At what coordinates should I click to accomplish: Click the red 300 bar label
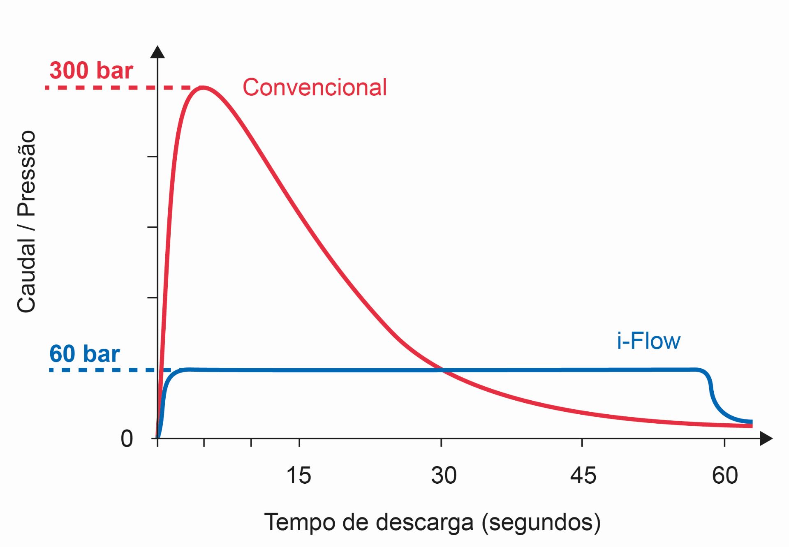pyautogui.click(x=91, y=71)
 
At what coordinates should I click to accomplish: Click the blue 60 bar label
pyautogui.click(x=84, y=354)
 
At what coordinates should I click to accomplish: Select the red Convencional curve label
pyautogui.click(x=315, y=87)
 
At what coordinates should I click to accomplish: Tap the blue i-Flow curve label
pyautogui.click(x=648, y=341)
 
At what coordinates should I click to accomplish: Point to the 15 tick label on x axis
pyautogui.click(x=299, y=475)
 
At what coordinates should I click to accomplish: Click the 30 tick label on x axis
pyautogui.click(x=444, y=475)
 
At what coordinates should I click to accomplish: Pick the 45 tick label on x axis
pyautogui.click(x=583, y=475)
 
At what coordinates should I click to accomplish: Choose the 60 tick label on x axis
pyautogui.click(x=725, y=475)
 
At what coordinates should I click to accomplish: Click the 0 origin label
pyautogui.click(x=127, y=439)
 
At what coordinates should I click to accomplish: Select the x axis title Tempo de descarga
pyautogui.click(x=432, y=522)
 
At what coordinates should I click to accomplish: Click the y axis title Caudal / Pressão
pyautogui.click(x=27, y=222)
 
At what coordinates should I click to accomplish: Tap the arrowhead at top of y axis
pyautogui.click(x=157, y=52)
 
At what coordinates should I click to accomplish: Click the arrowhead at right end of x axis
pyautogui.click(x=766, y=439)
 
